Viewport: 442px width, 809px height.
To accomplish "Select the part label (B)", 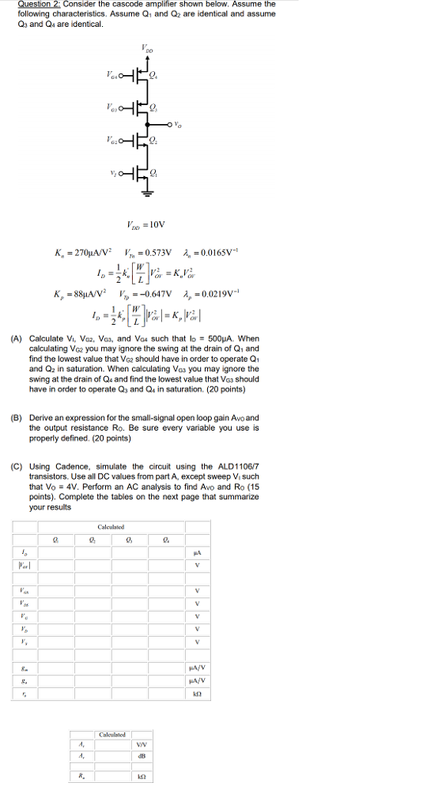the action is (x=16, y=417).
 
